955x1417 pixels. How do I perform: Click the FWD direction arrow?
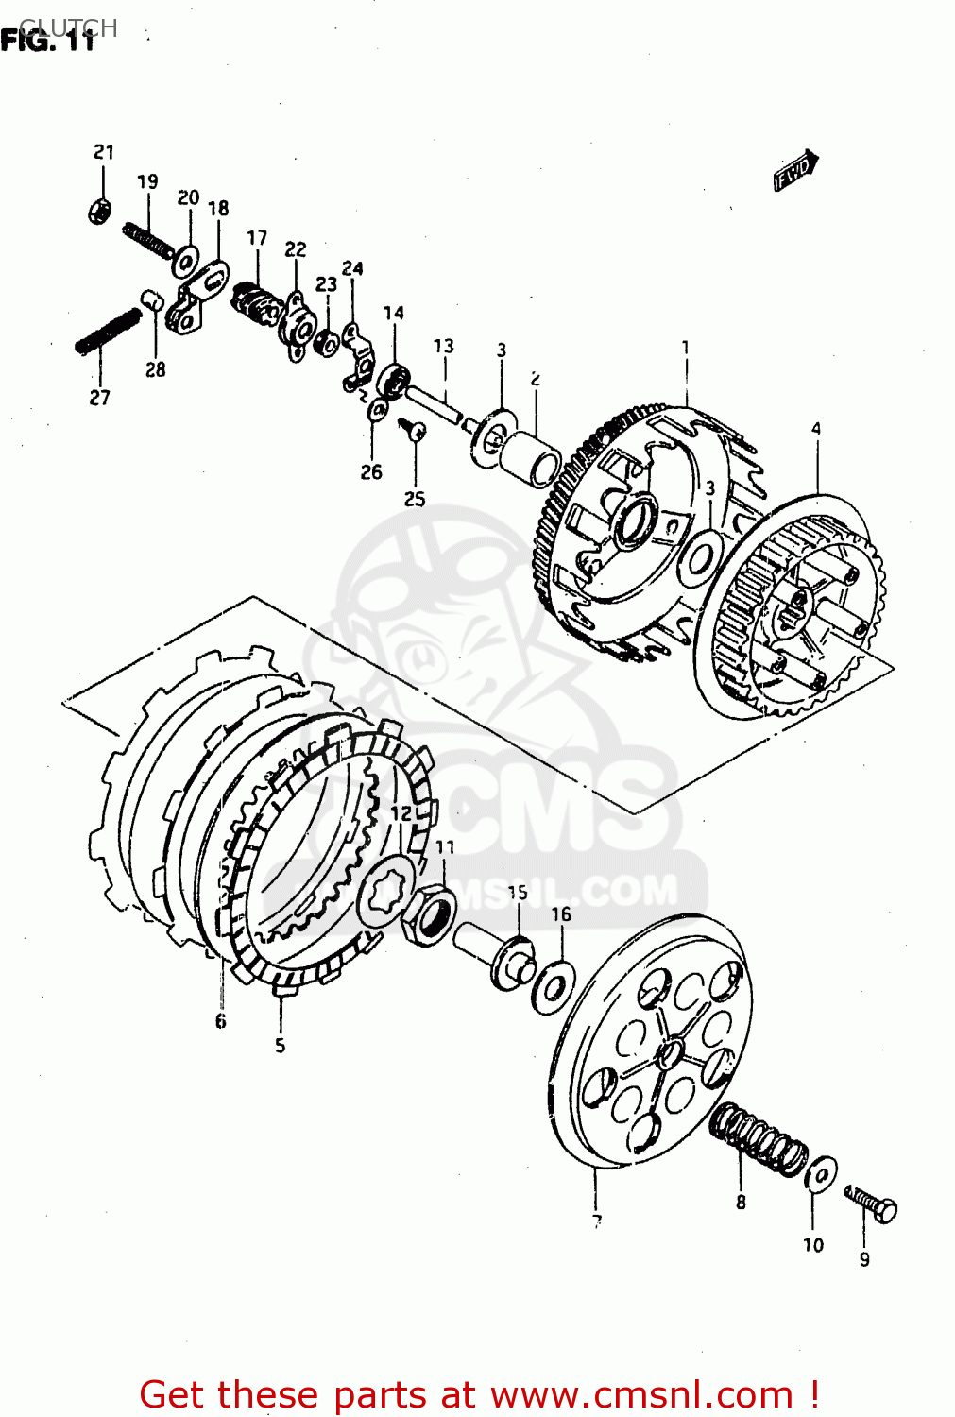point(796,171)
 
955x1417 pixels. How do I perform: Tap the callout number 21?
point(104,152)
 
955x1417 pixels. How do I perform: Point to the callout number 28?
point(156,370)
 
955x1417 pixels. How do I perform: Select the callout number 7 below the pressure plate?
point(597,1222)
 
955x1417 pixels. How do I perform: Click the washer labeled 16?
point(553,982)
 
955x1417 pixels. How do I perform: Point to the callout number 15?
point(518,893)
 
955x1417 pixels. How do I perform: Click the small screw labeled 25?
point(414,432)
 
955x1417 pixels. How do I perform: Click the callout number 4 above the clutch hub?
point(816,429)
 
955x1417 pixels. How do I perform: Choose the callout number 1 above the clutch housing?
point(686,348)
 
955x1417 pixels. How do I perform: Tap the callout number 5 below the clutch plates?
point(280,1046)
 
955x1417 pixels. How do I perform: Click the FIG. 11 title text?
point(47,42)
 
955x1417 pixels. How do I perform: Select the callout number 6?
point(220,1021)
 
